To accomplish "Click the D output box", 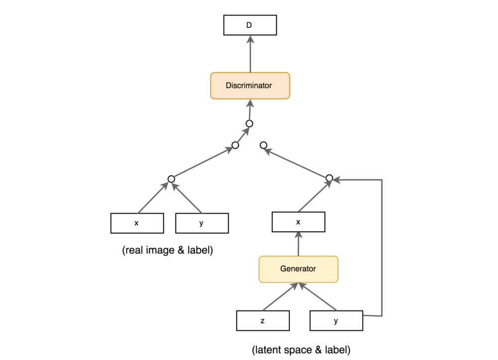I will [x=249, y=25].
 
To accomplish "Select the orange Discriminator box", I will [x=250, y=86].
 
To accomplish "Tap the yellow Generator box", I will [x=298, y=269].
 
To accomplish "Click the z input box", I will [x=262, y=321].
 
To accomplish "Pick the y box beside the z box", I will [x=336, y=321].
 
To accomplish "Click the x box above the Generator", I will [x=298, y=222].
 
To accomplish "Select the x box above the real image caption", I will [x=136, y=223].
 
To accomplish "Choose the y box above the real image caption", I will [x=202, y=223].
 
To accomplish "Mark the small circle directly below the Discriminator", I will [x=249, y=123].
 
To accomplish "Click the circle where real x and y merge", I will [x=171, y=179].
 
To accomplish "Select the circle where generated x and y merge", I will [x=329, y=178].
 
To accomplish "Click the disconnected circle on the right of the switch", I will [x=263, y=145].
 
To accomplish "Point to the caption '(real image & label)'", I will [x=167, y=250].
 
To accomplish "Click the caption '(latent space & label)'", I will [x=301, y=350].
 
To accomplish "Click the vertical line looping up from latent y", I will [x=381, y=249].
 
